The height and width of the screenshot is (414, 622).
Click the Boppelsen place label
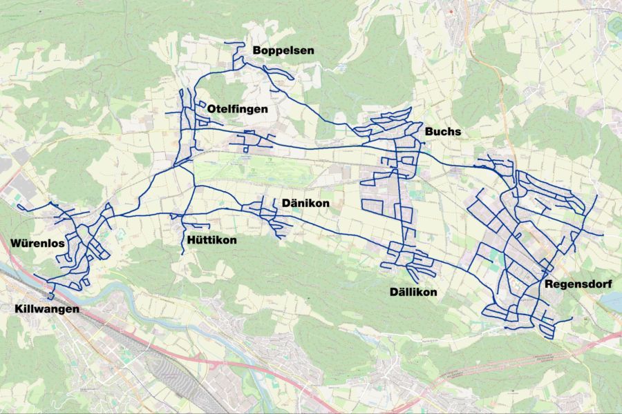click(283, 50)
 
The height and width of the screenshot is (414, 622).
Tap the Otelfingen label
click(237, 109)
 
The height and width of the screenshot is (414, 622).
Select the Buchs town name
click(443, 132)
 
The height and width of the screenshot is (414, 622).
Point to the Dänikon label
click(305, 204)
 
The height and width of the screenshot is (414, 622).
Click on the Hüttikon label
click(211, 240)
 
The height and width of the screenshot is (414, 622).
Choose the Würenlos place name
click(37, 244)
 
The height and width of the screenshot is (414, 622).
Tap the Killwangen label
click(47, 309)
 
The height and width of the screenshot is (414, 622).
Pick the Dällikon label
click(413, 293)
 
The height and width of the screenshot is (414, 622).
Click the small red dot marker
click(450, 12)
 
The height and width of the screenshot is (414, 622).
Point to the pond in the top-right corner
click(614, 26)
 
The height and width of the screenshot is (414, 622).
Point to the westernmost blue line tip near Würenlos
click(18, 205)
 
